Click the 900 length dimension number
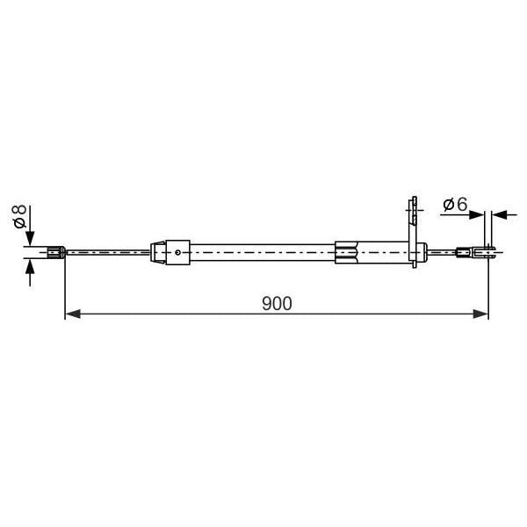(x=277, y=303)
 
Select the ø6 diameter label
(x=454, y=205)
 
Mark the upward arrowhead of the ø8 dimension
(x=32, y=266)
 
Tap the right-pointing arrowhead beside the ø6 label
(x=482, y=213)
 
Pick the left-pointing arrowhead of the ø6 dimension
(x=499, y=213)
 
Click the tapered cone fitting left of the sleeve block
(x=158, y=253)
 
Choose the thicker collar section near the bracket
(x=347, y=253)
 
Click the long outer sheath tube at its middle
(x=263, y=253)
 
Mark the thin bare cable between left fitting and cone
(x=105, y=253)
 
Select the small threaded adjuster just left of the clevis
(x=463, y=253)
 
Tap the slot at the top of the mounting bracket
(x=411, y=209)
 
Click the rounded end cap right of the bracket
(x=423, y=253)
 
